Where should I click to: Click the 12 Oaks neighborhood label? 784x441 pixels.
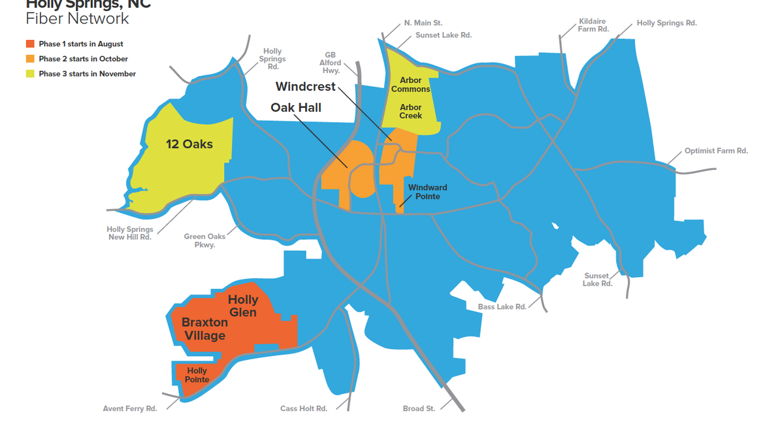(189, 144)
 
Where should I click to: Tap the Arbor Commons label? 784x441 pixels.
(410, 85)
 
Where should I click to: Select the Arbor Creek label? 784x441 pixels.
(410, 112)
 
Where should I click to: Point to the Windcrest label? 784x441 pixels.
(305, 87)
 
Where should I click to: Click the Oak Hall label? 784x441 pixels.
(296, 108)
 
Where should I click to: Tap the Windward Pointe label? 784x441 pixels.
(427, 192)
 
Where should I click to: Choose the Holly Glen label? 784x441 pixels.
(242, 306)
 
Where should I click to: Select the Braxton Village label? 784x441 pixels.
(204, 329)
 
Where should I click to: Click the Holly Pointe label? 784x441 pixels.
(197, 375)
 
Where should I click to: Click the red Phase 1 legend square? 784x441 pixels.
(30, 44)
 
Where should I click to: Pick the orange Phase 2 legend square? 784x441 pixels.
(30, 59)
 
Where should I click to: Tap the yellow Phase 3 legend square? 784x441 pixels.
(30, 74)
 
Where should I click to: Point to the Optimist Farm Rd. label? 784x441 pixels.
(716, 151)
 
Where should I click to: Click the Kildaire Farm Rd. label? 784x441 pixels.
(593, 25)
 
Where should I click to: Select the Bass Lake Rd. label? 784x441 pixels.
(502, 306)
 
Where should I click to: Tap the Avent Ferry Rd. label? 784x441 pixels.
(130, 409)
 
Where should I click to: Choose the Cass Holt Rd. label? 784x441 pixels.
(303, 409)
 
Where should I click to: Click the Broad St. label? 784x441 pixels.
(419, 409)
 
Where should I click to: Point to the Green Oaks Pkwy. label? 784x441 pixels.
(204, 240)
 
